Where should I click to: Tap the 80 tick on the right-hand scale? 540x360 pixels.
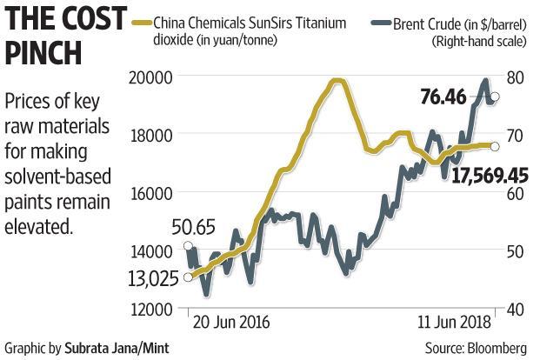pos(516,77)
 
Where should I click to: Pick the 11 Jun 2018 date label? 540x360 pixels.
pos(446,322)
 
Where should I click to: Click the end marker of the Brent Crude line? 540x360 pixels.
pos(495,97)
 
